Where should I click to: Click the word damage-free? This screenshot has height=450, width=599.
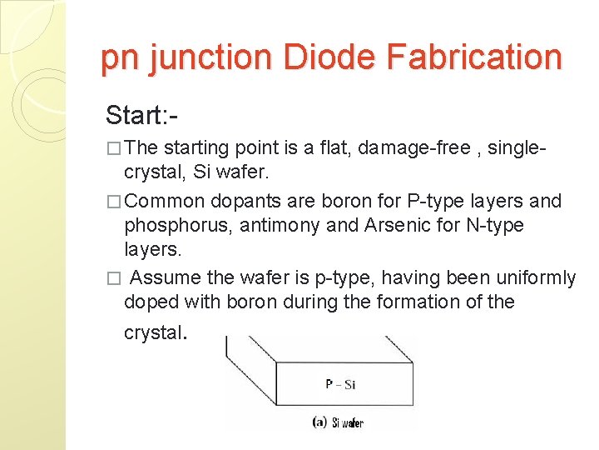tap(399, 148)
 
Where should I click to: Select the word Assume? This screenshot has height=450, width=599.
tap(165, 277)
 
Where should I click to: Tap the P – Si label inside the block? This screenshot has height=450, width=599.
tap(340, 384)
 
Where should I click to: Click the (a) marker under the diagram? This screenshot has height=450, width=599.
tap(319, 422)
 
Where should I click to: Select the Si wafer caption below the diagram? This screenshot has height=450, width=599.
tap(348, 423)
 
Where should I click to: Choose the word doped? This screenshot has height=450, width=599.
tap(149, 302)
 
